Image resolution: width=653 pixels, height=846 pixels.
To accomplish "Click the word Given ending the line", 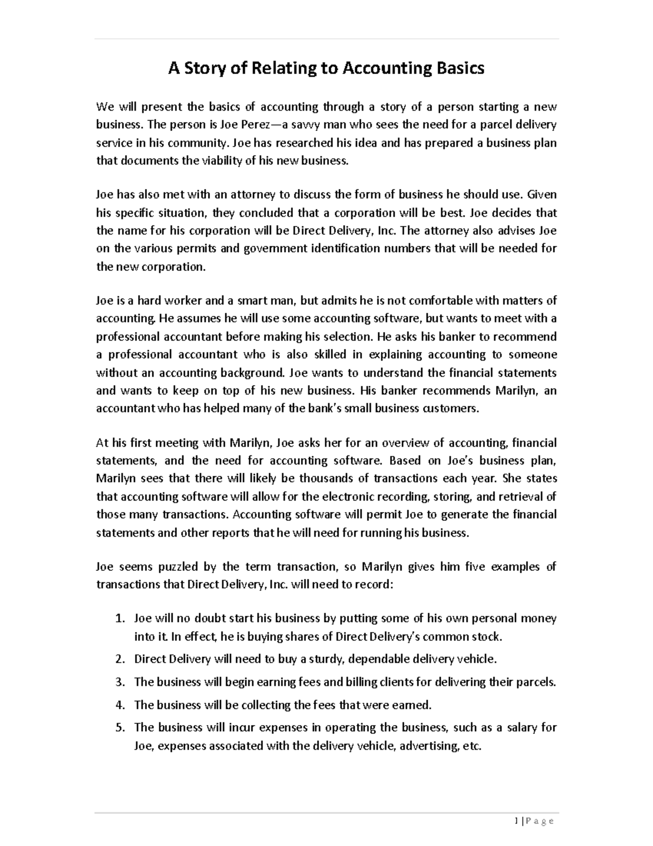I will coord(543,194).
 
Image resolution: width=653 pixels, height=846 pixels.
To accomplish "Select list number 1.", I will coord(120,619).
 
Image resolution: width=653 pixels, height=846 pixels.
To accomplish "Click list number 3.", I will coord(120,682).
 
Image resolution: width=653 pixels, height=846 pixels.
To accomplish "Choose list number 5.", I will coord(120,728).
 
